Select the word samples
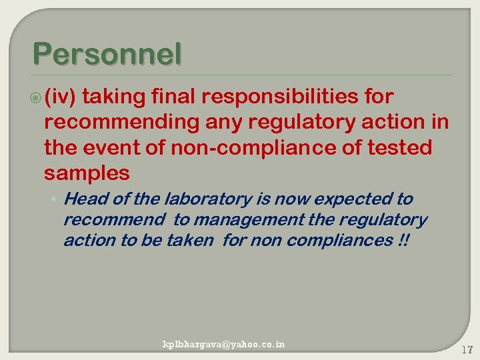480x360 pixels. coord(86,173)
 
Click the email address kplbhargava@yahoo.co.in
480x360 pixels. coord(224,344)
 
